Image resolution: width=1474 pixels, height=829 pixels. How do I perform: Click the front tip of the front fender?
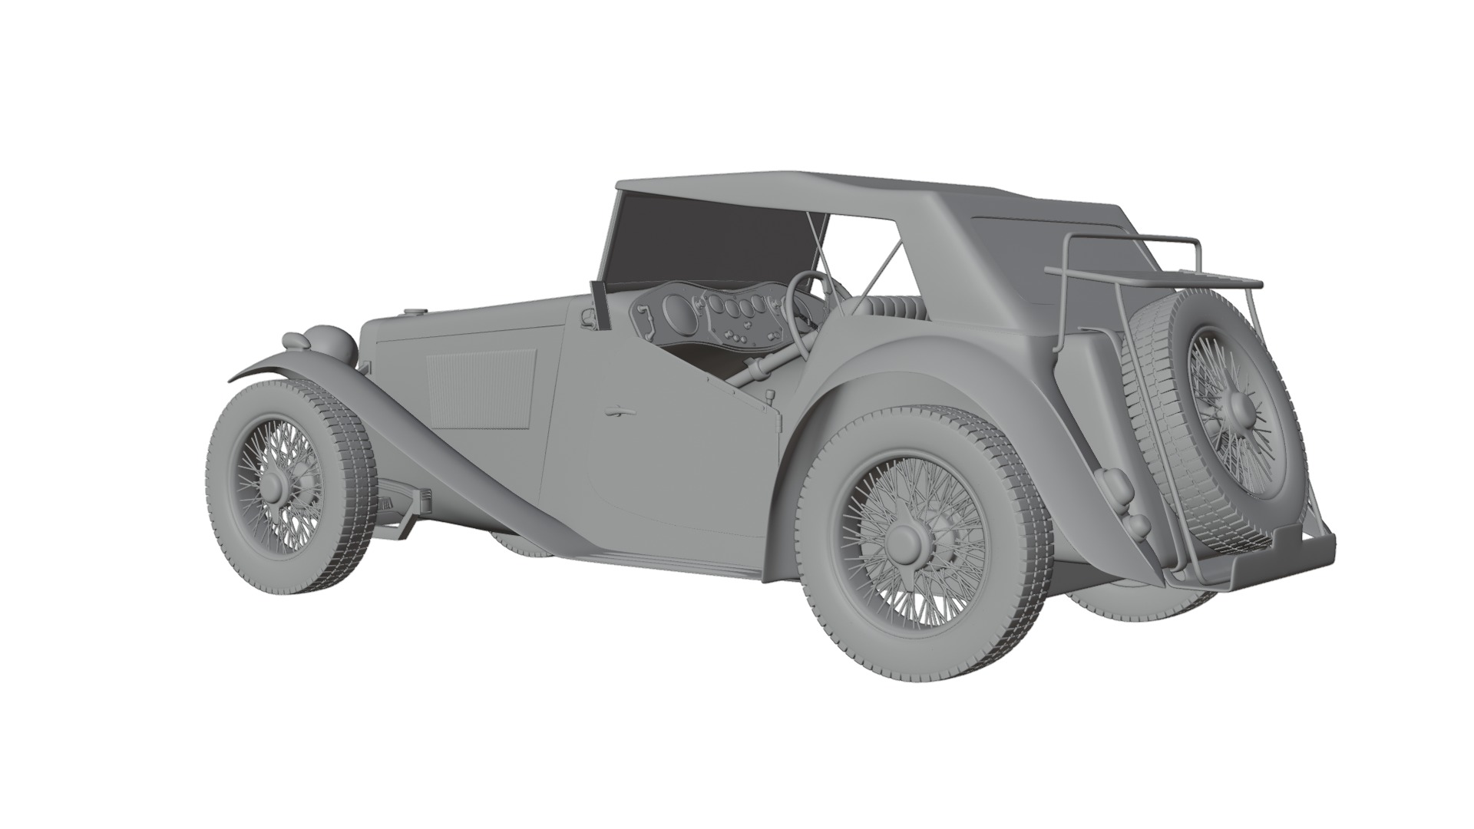[x=234, y=378]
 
